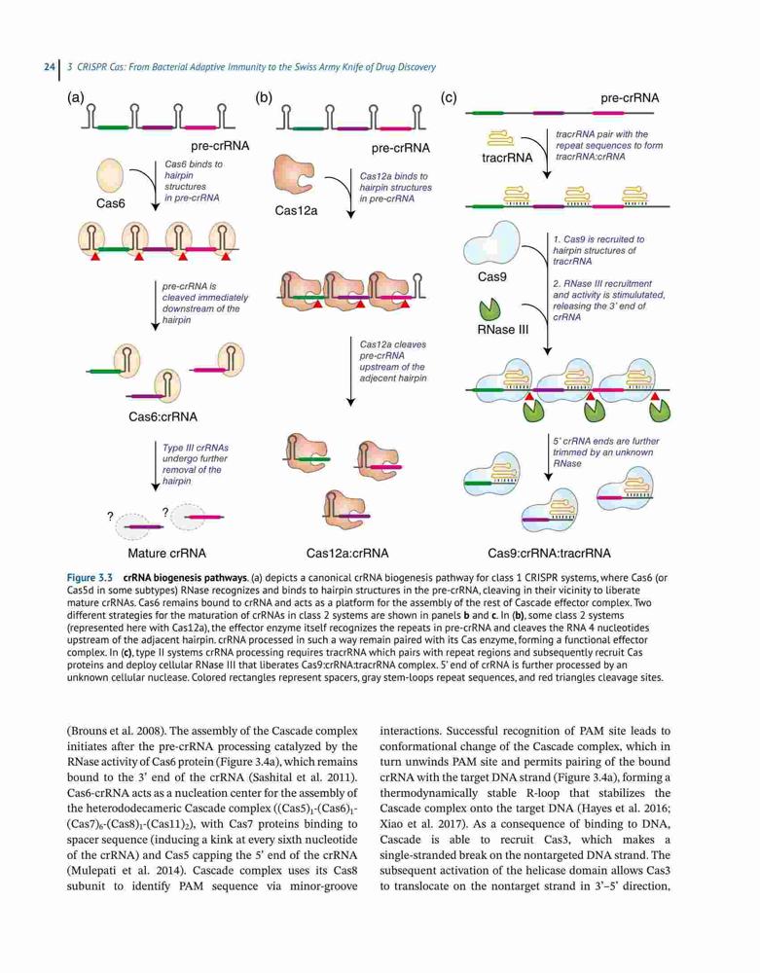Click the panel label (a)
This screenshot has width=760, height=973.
[x=76, y=97]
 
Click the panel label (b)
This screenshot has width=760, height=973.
[x=265, y=97]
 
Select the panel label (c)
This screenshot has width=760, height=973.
[x=448, y=97]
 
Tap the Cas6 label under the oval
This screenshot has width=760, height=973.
[x=110, y=203]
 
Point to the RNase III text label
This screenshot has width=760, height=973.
[x=503, y=330]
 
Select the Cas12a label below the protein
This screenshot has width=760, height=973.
[x=296, y=211]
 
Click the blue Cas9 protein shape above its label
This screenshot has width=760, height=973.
[x=492, y=242]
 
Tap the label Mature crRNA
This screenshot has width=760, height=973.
[x=167, y=554]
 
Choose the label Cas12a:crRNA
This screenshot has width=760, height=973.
[x=347, y=554]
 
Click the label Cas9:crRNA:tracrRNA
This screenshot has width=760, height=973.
[x=549, y=554]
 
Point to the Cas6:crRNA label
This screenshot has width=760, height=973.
[x=163, y=417]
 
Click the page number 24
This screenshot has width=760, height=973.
[x=49, y=66]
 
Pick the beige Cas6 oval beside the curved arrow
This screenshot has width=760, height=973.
[x=110, y=175]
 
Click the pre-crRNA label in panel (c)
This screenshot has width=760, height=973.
[x=630, y=98]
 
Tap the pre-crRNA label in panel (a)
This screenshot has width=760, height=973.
[x=220, y=147]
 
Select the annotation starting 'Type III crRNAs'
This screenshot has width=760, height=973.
[x=195, y=464]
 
